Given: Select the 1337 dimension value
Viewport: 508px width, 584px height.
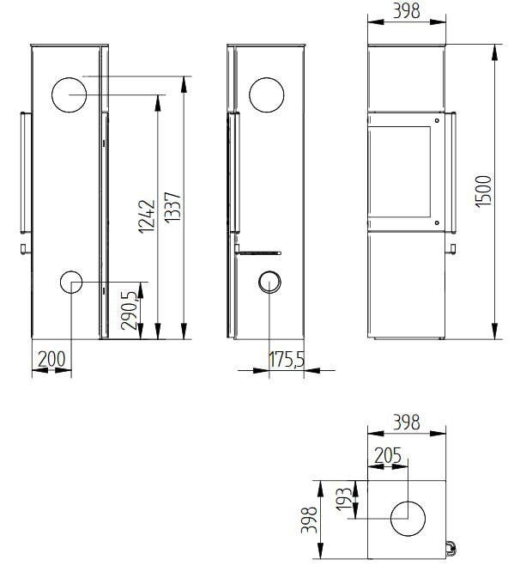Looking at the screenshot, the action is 172,208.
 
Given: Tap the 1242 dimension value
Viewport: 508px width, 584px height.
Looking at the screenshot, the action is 147,216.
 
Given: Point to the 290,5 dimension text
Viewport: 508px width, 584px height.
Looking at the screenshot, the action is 130,310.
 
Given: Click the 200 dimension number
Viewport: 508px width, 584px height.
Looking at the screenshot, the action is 51,359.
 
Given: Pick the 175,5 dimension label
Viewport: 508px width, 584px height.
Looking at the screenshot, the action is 287,359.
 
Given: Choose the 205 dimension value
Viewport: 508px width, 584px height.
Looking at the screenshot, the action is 388,455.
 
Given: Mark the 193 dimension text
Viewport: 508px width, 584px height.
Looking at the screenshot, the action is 343,499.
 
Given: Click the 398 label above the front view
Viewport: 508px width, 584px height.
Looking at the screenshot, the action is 407,11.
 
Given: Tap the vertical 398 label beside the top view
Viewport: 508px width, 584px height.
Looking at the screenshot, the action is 309,520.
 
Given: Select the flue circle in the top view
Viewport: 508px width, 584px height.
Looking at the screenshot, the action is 408,519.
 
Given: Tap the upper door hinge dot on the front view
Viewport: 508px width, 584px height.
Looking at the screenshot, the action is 437,121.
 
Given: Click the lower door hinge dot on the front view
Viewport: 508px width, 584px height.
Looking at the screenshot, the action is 437,222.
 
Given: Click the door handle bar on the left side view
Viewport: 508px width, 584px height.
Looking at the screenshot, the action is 26,173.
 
